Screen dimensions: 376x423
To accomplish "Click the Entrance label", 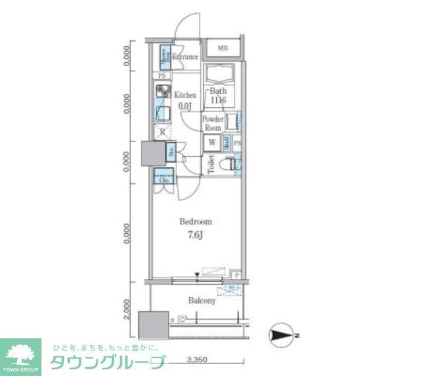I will (185, 57).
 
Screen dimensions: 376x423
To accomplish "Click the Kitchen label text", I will (185, 95).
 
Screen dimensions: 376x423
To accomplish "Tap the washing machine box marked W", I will (213, 142).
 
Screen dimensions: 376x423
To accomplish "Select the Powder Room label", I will (213, 124).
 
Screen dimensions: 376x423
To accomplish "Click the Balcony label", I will (202, 301).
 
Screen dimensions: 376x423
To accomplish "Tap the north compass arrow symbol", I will (284, 336).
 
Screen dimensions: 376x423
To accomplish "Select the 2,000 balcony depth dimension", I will (126, 308).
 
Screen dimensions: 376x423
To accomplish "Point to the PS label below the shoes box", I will (161, 76).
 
